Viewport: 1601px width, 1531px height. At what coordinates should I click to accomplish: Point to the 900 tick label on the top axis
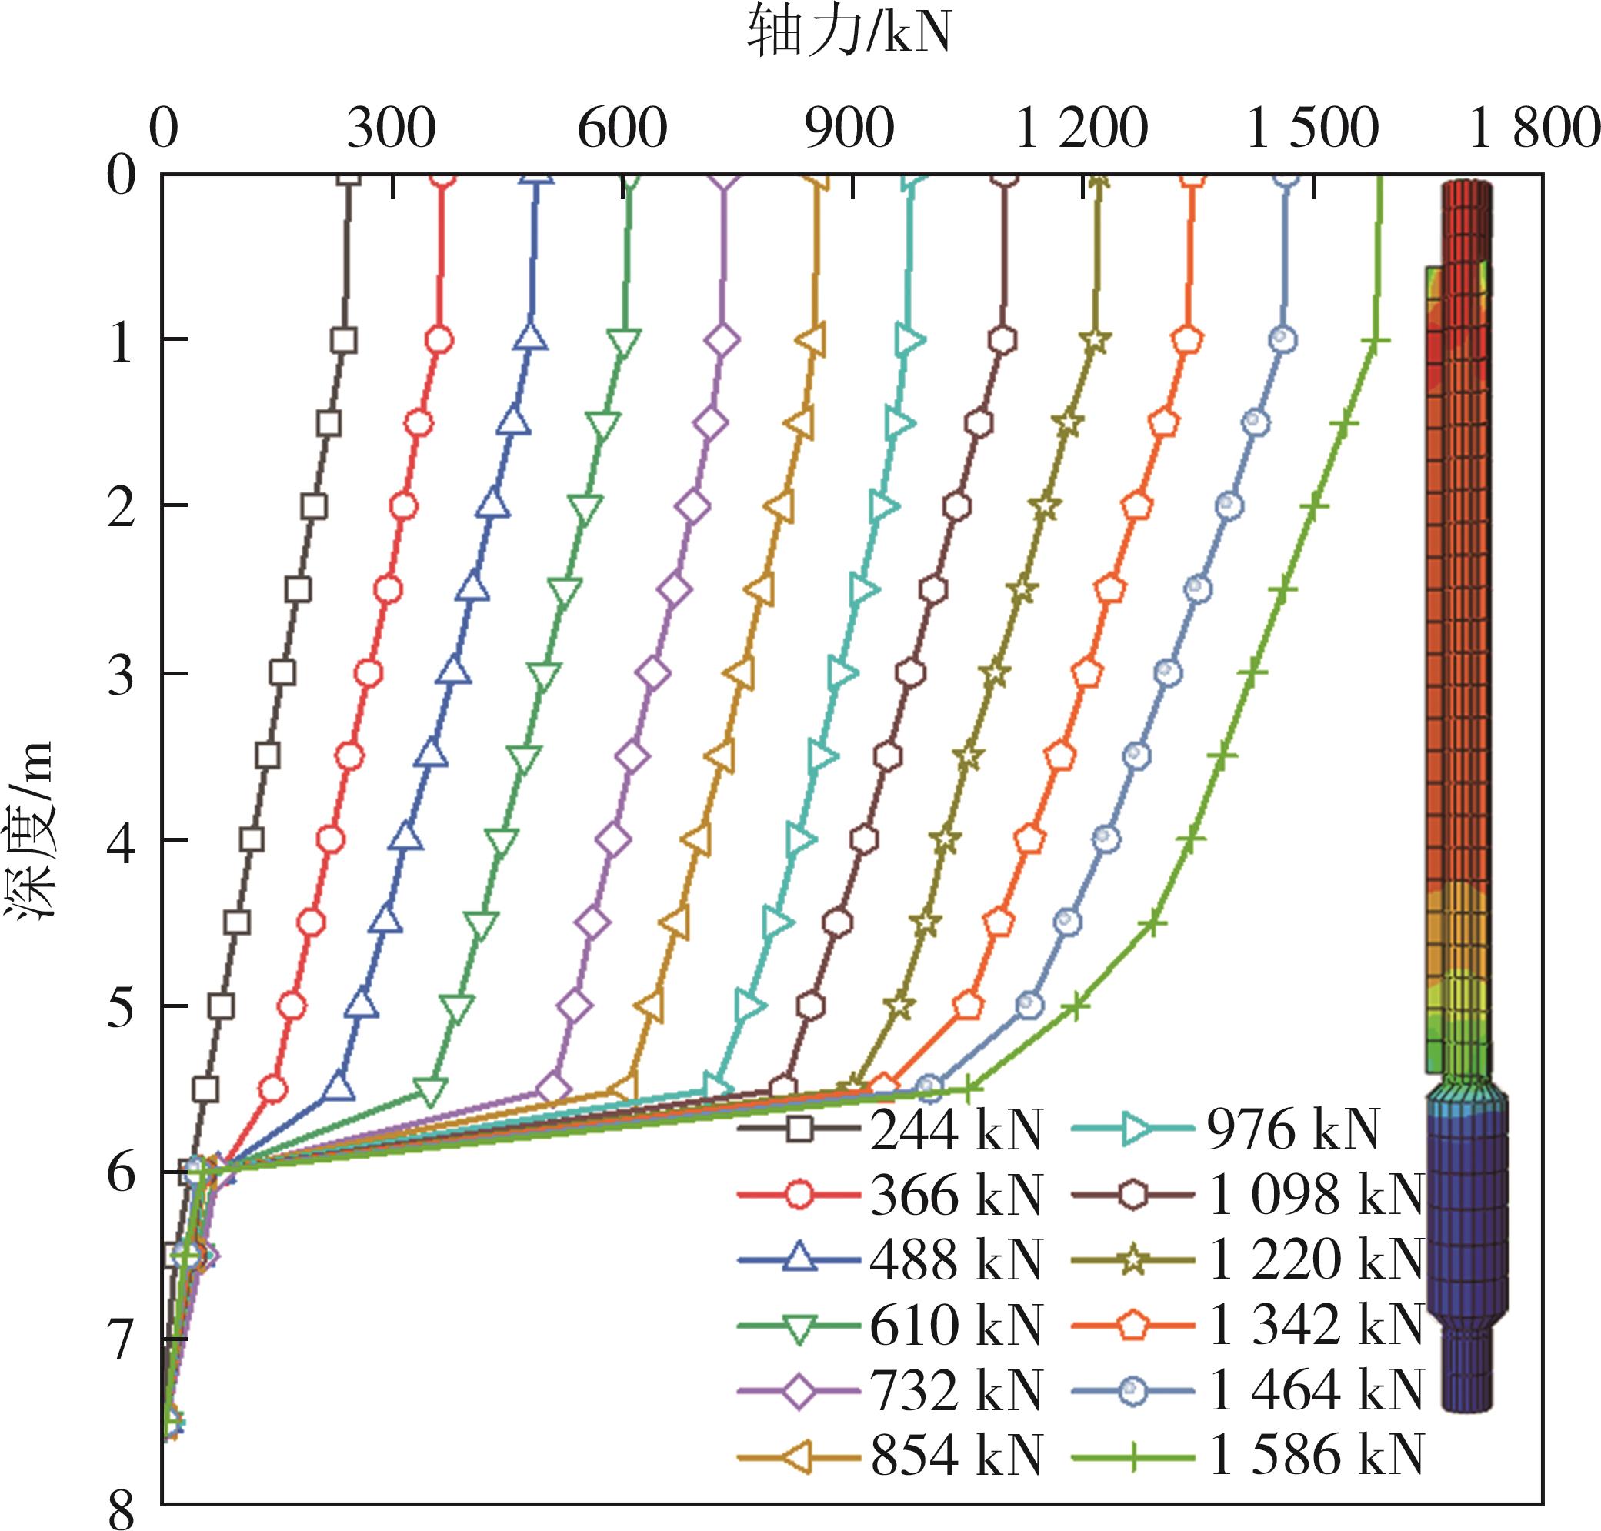(849, 128)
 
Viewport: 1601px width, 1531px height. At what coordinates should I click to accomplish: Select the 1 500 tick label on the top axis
(1312, 128)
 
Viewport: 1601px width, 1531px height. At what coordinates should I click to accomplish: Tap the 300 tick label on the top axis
(391, 128)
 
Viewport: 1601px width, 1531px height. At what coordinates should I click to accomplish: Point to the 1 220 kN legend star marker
(1134, 1261)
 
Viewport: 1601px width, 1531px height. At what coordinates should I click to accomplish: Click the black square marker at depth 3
(282, 673)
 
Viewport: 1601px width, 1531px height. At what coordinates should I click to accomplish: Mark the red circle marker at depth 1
(440, 340)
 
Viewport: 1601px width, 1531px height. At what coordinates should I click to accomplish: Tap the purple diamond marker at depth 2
(692, 507)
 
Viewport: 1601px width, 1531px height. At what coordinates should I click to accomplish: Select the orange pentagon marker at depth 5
(968, 1006)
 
